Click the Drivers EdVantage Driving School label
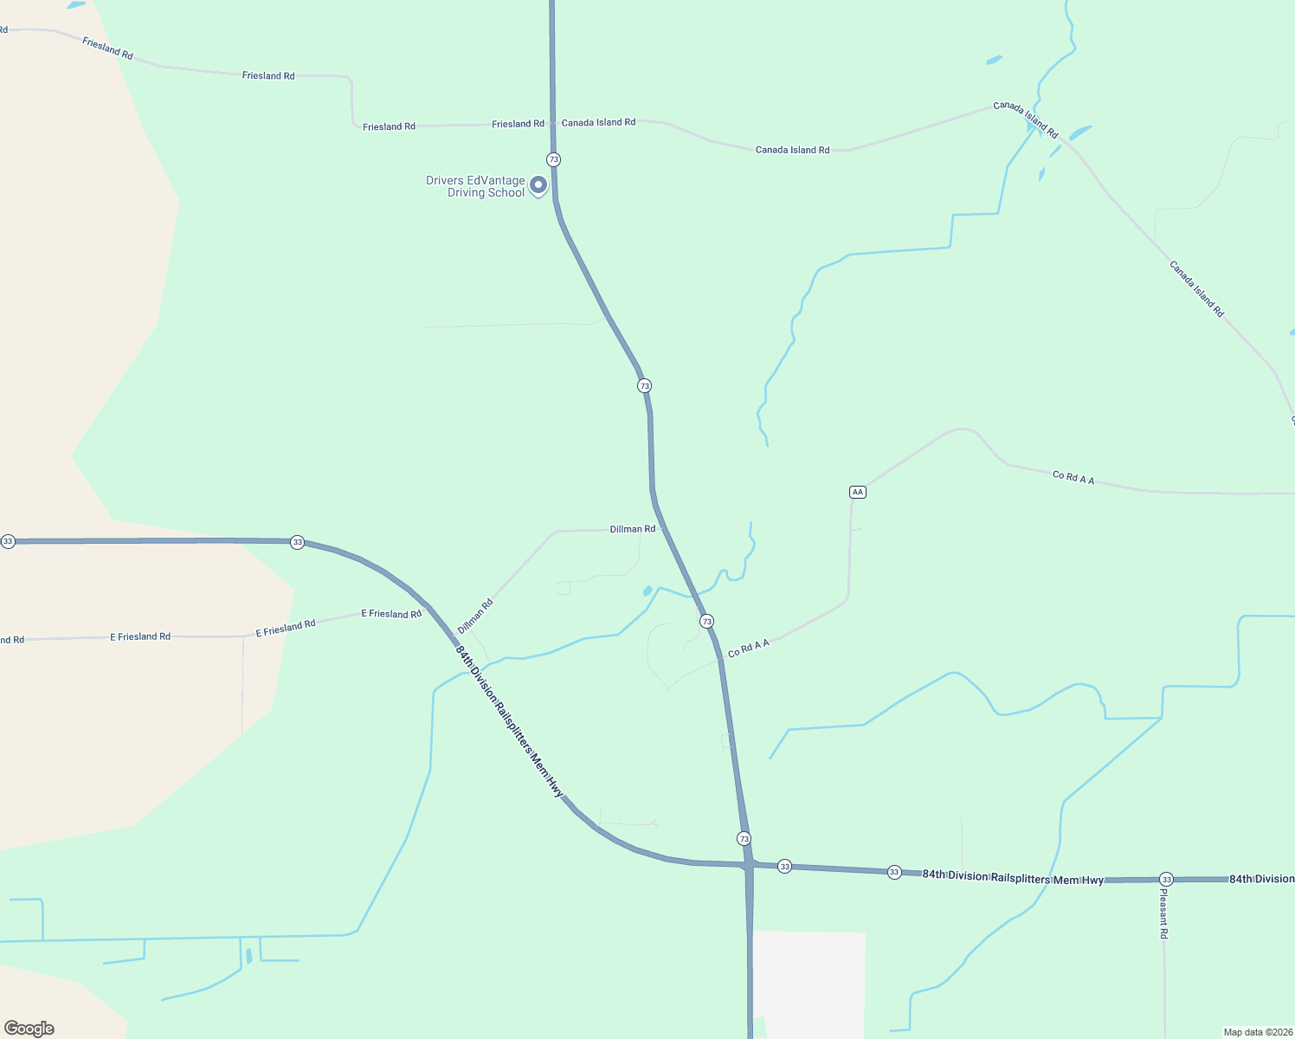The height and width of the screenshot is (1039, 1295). click(475, 187)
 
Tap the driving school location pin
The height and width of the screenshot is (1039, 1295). click(538, 185)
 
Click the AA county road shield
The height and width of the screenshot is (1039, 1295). click(857, 492)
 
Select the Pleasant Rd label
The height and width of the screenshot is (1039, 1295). click(1164, 914)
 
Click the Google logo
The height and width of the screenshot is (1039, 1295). click(29, 1028)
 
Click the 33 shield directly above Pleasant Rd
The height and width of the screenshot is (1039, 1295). click(1166, 880)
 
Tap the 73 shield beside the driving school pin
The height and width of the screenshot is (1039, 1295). click(553, 159)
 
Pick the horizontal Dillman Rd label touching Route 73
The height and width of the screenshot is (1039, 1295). click(633, 529)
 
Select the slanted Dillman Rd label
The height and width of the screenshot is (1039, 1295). click(475, 616)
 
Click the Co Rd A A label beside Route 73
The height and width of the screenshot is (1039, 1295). click(749, 649)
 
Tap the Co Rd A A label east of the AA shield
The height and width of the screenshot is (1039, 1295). click(1073, 477)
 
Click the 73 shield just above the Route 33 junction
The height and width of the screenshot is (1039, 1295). click(744, 838)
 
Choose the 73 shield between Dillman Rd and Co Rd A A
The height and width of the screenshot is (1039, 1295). click(706, 622)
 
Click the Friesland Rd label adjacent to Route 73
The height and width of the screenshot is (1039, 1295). click(518, 124)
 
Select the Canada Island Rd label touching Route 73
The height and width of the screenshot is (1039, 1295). click(598, 123)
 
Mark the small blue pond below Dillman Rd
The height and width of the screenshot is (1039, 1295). click(647, 591)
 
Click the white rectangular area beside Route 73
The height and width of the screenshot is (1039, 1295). click(809, 984)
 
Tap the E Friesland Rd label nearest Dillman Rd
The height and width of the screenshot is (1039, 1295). click(391, 614)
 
